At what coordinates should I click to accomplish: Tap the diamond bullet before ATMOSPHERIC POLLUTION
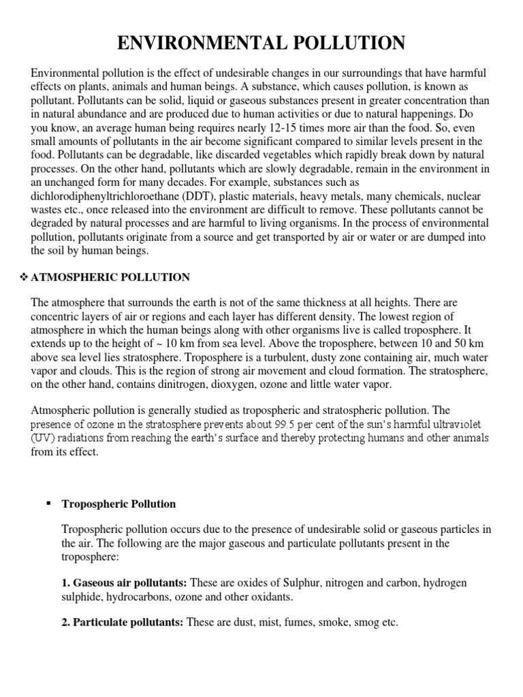point(22,277)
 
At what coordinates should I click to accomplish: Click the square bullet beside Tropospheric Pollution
point(48,504)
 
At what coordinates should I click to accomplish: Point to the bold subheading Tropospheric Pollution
point(118,504)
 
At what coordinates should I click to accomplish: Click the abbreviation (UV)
point(43,438)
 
